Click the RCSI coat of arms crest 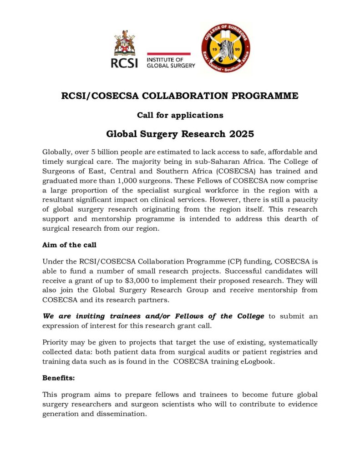coord(124,43)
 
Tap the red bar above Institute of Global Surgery coord(168,54)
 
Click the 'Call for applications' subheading coord(180,115)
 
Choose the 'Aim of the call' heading coord(69,245)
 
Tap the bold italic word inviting coord(91,316)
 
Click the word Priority coord(56,342)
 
